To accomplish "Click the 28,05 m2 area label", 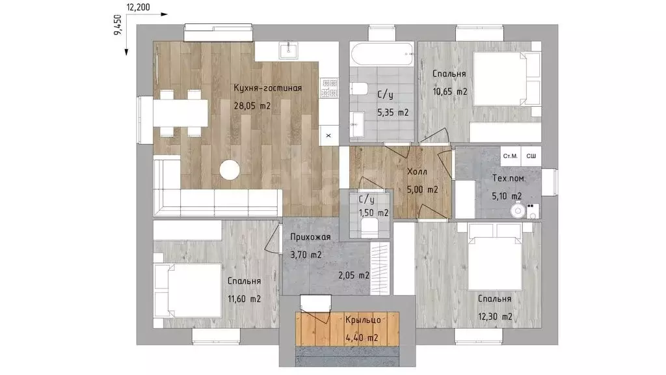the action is click(x=252, y=106).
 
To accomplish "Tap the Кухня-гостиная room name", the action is click(x=267, y=88).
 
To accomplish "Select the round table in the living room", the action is click(x=230, y=170).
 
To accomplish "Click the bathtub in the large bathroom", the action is click(x=382, y=55).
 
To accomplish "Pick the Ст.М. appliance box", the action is click(x=510, y=156).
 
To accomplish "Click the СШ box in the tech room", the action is click(x=531, y=156).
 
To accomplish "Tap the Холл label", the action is click(x=417, y=172).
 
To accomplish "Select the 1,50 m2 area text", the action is click(x=373, y=213).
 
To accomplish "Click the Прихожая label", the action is click(x=310, y=237).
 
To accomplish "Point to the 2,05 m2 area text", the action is click(x=354, y=275).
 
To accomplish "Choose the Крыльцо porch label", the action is click(x=363, y=320).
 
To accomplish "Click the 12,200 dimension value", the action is click(x=138, y=7).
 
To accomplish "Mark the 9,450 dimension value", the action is click(x=118, y=25).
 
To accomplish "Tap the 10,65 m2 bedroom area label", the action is click(x=450, y=91).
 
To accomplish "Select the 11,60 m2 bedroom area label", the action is click(x=245, y=299).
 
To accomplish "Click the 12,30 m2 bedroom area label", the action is click(x=495, y=317).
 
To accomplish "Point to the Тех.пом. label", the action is click(x=509, y=178).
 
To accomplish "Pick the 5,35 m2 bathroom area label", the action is click(x=393, y=113).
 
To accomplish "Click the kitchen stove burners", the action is click(x=329, y=88).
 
